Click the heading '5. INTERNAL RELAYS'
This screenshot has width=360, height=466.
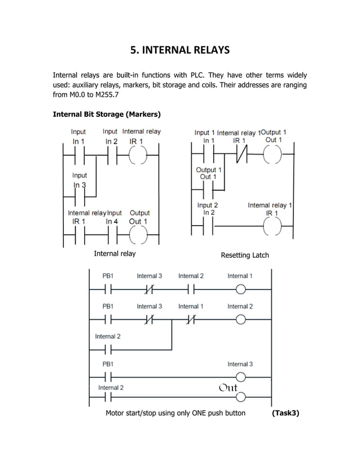(180, 50)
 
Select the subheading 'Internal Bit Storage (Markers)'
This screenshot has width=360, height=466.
(107, 114)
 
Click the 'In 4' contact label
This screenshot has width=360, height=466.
(113, 222)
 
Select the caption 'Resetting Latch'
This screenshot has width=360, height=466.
(244, 256)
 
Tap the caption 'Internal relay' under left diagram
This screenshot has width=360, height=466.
(115, 254)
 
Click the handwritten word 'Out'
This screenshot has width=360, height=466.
(228, 388)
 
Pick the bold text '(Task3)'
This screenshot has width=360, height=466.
(285, 413)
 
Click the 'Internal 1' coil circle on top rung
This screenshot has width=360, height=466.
(240, 290)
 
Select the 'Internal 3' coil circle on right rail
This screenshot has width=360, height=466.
(240, 377)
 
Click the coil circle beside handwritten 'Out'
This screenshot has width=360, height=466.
(240, 396)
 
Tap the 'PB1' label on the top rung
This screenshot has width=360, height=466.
(108, 276)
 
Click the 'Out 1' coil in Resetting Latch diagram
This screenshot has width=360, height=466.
(274, 153)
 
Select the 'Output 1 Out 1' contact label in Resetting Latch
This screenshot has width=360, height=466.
(208, 173)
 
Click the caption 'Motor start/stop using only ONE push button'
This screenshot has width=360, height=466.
(175, 413)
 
